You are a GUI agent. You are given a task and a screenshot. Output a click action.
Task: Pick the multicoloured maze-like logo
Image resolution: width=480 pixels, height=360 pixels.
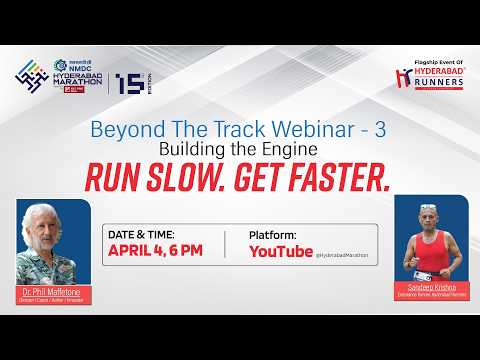pyautogui.click(x=33, y=83)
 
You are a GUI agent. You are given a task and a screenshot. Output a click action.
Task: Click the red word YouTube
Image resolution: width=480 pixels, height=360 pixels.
pyautogui.click(x=280, y=252)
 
